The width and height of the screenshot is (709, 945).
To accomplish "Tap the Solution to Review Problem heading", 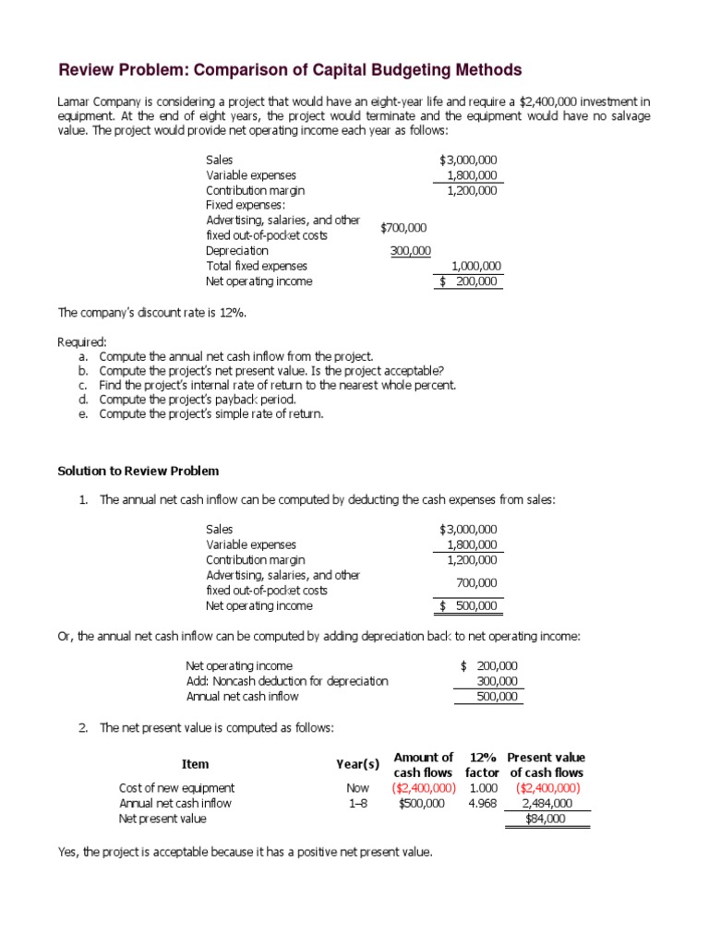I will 138,471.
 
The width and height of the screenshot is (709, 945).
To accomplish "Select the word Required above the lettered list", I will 82,341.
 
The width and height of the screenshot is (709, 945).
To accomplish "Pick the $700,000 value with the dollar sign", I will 403,227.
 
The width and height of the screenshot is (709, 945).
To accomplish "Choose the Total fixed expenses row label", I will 257,266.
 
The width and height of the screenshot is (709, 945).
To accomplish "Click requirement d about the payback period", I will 197,400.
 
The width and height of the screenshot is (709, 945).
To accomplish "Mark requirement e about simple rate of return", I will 211,414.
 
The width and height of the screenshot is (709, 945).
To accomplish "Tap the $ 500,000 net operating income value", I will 468,606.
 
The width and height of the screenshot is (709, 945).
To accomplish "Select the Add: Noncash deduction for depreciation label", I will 287,681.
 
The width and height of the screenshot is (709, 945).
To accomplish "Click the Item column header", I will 195,764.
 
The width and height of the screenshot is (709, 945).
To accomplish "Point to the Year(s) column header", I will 358,764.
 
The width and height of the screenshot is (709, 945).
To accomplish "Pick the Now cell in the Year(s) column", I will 358,788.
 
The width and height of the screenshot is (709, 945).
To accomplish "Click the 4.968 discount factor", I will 484,803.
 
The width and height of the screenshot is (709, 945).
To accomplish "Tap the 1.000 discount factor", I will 484,788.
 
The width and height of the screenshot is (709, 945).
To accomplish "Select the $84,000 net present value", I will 546,819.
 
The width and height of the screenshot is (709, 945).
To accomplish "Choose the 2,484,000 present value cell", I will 547,803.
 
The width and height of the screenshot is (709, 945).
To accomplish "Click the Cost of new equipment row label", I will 177,788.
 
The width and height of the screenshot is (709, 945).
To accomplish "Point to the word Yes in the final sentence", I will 67,853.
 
